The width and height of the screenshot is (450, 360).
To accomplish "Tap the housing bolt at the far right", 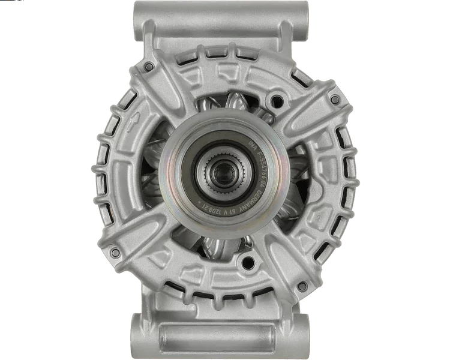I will point(335,99).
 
